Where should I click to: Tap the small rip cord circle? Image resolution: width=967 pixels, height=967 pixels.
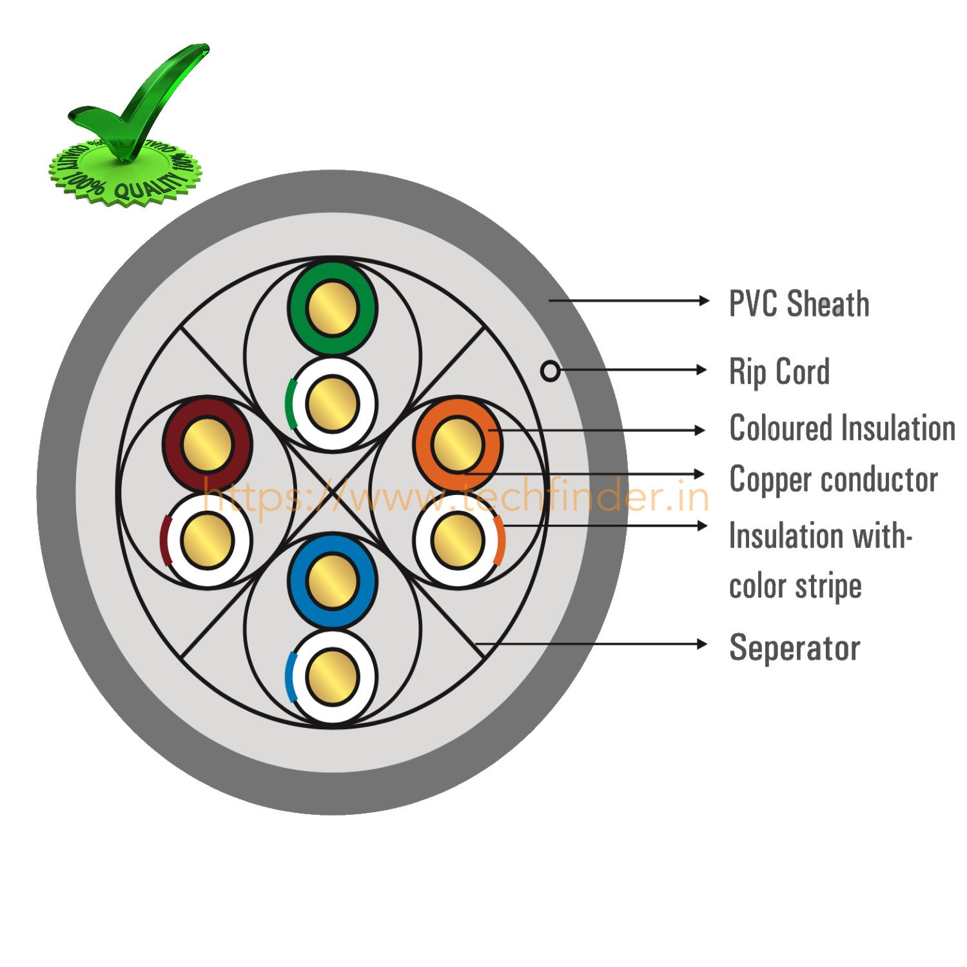(x=550, y=371)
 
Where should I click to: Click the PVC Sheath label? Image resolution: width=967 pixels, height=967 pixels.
(x=799, y=304)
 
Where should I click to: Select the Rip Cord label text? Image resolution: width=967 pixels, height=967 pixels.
(x=779, y=372)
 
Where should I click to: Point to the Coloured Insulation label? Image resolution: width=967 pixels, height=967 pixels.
(x=841, y=429)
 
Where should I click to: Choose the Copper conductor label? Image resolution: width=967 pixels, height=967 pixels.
(x=833, y=480)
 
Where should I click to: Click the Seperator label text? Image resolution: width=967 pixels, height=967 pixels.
(x=794, y=647)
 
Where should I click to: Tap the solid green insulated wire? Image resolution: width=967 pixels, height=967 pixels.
(x=332, y=308)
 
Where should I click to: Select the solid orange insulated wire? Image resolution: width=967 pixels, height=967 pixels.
(x=457, y=444)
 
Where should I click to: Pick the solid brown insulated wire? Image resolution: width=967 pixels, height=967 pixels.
(x=207, y=444)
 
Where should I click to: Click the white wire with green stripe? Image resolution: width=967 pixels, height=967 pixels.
(x=332, y=404)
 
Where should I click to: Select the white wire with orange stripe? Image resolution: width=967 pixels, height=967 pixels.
(x=457, y=540)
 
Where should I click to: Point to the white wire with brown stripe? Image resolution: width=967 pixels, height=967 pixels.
(x=207, y=540)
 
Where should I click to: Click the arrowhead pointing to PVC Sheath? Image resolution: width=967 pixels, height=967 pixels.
(x=704, y=300)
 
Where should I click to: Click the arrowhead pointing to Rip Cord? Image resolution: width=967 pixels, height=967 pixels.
(x=702, y=369)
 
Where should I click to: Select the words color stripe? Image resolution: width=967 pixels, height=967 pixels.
(x=795, y=587)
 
